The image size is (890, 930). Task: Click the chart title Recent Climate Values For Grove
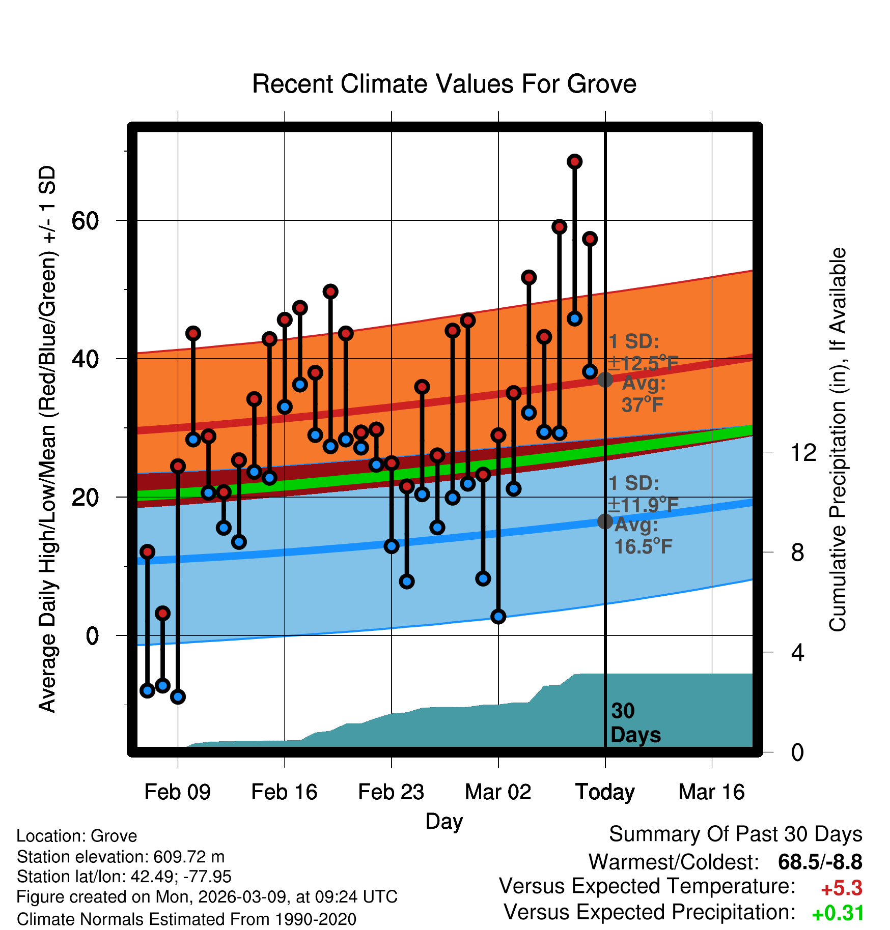[x=444, y=84]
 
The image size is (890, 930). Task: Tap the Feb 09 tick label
[x=177, y=792]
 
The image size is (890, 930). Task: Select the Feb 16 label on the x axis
[x=284, y=792]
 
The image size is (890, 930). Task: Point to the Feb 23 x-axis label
[x=391, y=792]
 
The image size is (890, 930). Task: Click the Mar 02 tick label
[x=498, y=792]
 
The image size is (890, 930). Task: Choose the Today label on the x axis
[x=605, y=792]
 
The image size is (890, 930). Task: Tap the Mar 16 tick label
[x=712, y=792]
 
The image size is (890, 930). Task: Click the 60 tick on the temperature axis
[x=85, y=221]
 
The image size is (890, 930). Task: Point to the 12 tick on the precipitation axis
[x=803, y=452]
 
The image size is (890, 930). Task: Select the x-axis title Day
[x=444, y=822]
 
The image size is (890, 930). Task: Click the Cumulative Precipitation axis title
[x=838, y=440]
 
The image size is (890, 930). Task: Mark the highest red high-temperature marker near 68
[x=574, y=162]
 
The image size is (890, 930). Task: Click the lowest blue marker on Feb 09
[x=178, y=696]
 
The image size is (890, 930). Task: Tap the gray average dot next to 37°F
[x=605, y=380]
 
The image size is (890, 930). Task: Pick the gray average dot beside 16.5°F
[x=605, y=521]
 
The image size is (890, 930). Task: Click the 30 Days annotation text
[x=635, y=723]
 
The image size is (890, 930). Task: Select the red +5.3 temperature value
[x=842, y=889]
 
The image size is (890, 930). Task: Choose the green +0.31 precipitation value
[x=838, y=913]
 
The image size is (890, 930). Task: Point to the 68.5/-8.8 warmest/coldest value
[x=820, y=862]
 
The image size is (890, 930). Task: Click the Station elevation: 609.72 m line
[x=121, y=857]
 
